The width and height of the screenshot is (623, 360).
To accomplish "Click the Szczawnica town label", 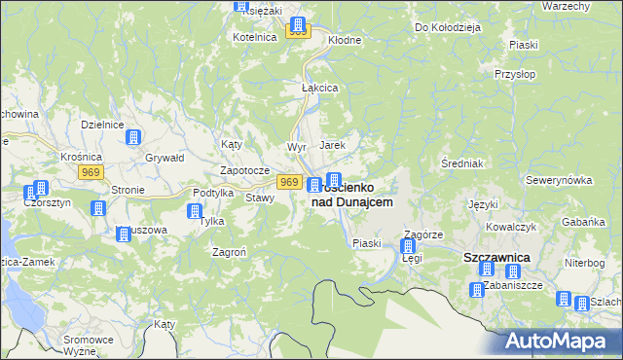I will (x=494, y=257).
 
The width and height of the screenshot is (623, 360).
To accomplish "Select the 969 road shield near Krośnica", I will (x=92, y=172).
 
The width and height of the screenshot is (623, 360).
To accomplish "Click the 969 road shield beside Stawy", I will (x=288, y=182).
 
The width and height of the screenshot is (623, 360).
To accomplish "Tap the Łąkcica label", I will (x=319, y=88).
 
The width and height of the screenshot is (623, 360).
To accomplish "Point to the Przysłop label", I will (x=513, y=73).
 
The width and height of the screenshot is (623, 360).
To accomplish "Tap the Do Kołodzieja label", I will (x=448, y=27).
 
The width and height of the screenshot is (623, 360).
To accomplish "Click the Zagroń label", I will (x=229, y=251).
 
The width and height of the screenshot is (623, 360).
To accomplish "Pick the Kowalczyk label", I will (x=512, y=226).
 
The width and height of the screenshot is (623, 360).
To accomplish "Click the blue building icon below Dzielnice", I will (x=133, y=140).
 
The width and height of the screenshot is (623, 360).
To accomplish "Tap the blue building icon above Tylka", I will (x=195, y=211).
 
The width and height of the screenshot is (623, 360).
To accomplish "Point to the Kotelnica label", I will (x=255, y=36).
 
